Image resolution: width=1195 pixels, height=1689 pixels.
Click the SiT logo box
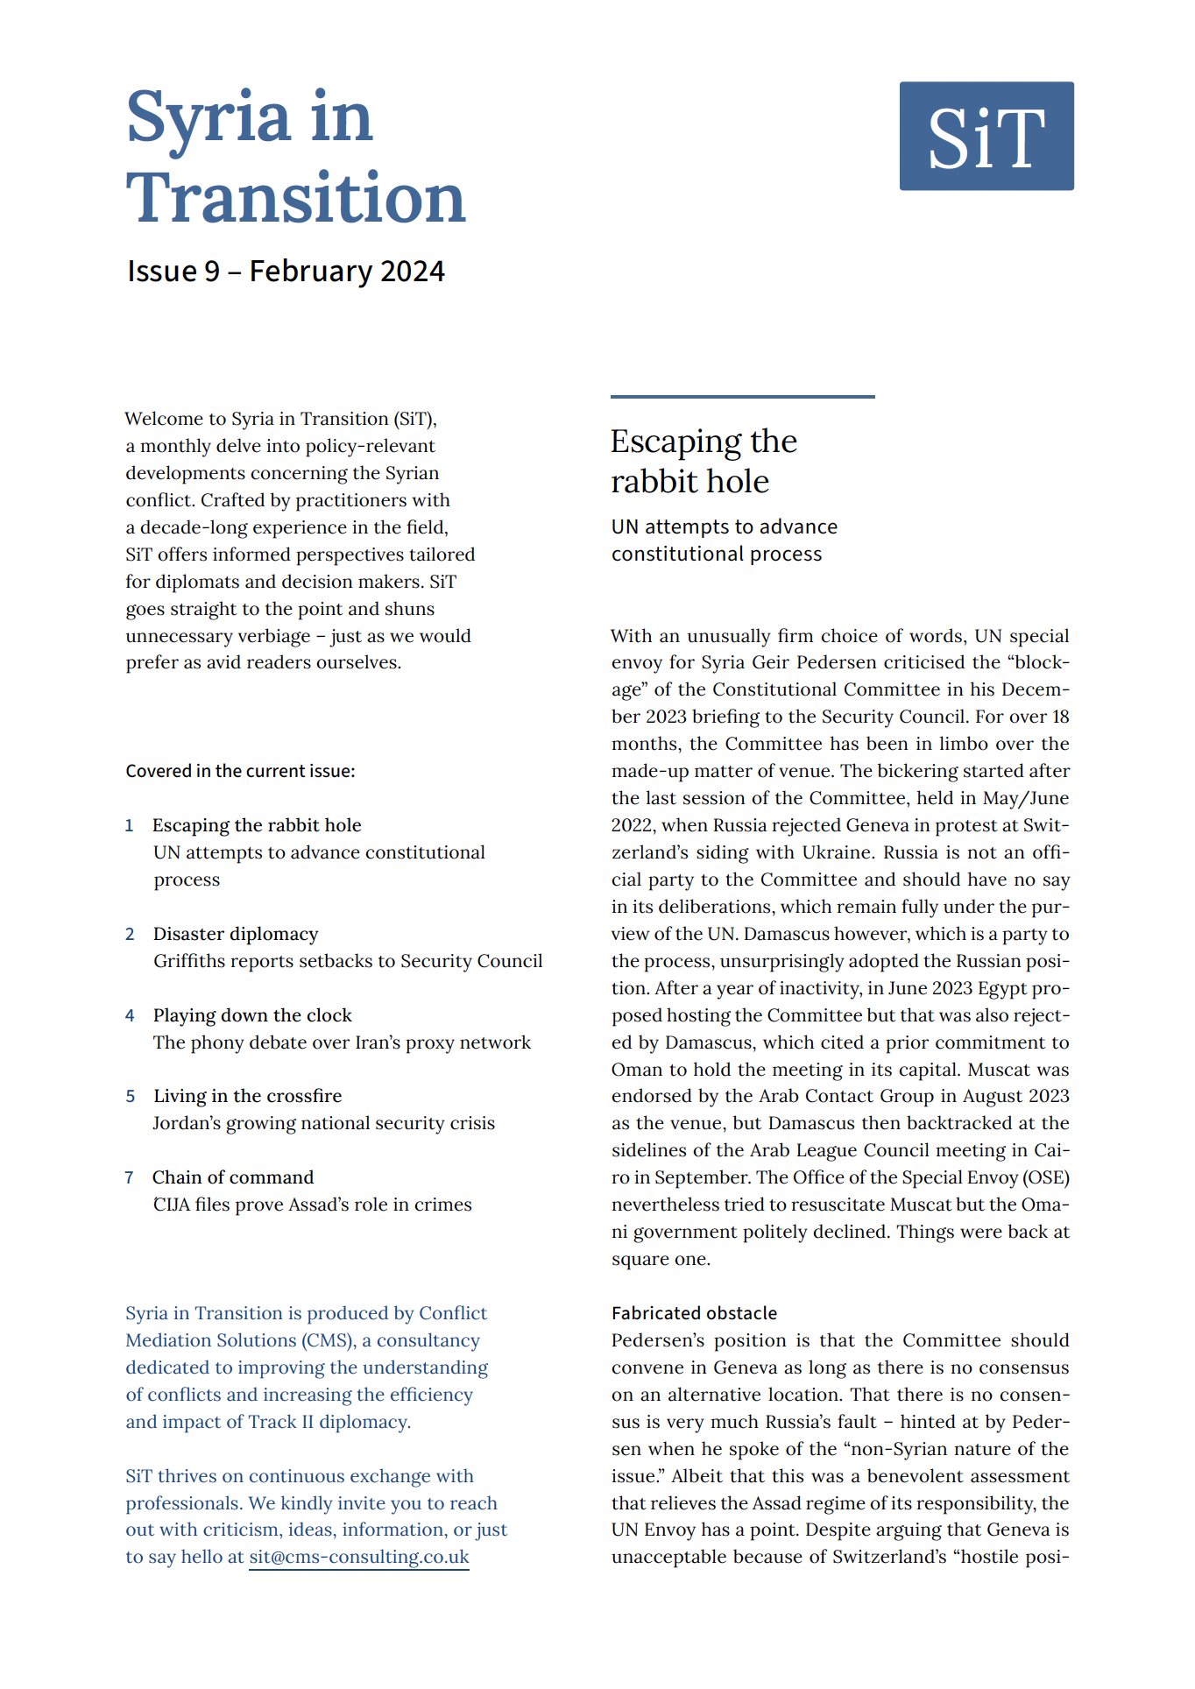pos(986,136)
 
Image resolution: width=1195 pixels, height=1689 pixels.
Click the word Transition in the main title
pos(295,199)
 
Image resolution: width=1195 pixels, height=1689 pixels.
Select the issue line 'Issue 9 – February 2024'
pos(286,272)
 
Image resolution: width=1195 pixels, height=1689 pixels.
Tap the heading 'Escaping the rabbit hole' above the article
pos(704,462)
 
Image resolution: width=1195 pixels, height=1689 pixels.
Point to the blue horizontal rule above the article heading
pos(742,397)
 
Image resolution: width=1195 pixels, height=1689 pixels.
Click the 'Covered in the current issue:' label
pos(240,771)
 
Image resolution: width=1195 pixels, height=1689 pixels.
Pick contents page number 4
pos(130,1015)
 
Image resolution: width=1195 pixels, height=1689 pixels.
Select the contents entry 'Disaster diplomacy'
pos(236,934)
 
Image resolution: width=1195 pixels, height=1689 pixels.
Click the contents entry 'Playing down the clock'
pos(252,1015)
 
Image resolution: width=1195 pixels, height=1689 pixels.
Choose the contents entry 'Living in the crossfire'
pos(247,1096)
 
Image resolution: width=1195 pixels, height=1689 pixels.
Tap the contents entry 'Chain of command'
pos(233,1177)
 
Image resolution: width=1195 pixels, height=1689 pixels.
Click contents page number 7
pos(129,1177)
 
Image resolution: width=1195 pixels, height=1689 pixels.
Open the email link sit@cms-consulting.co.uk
pos(359,1557)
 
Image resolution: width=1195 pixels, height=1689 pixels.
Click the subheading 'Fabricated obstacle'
pos(694,1313)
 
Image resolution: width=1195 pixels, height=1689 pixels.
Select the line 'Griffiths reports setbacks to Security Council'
pos(348,961)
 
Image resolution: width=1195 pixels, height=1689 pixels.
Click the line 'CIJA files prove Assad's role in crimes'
pos(312,1205)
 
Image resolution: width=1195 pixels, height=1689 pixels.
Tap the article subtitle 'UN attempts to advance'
pos(724,526)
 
